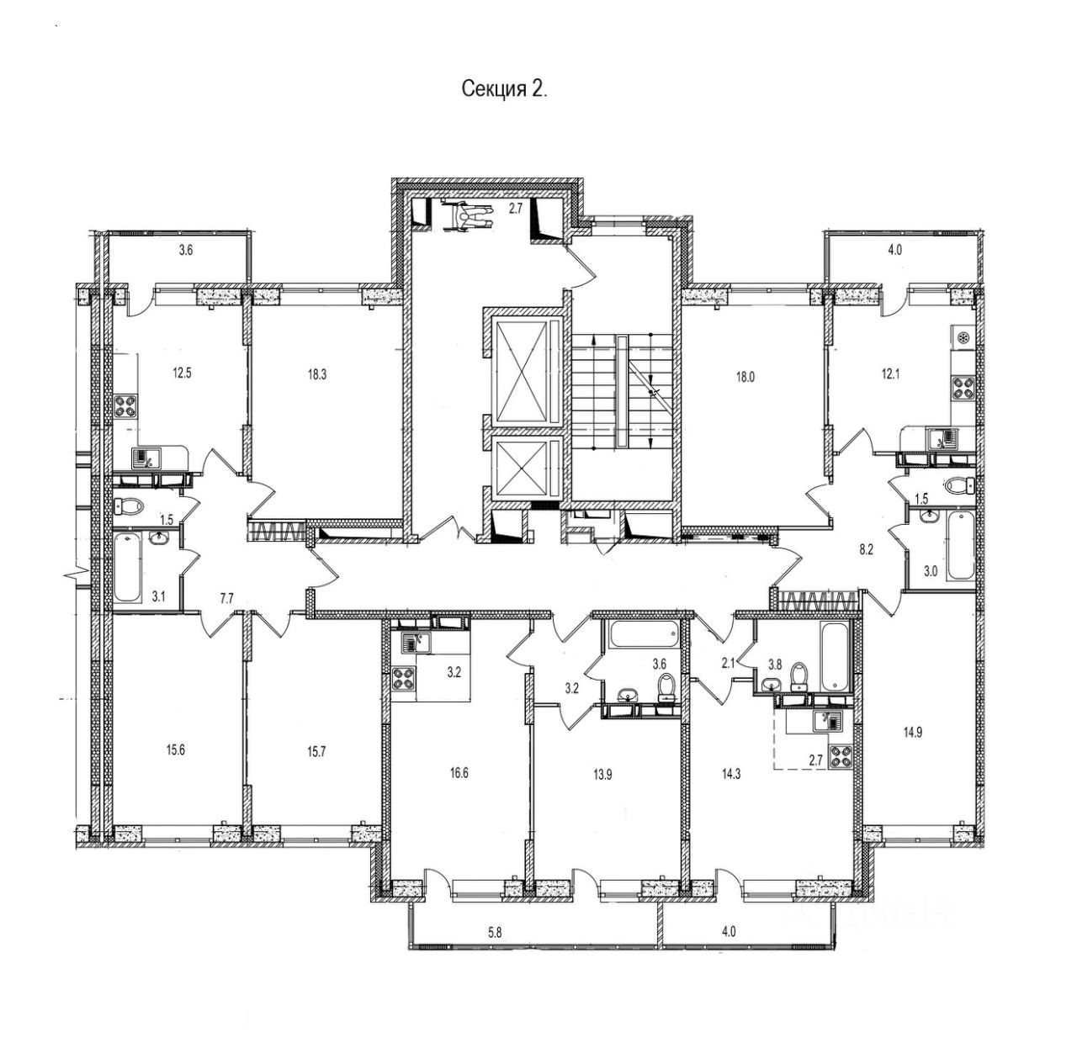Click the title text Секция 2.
click(504, 90)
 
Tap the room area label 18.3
click(316, 375)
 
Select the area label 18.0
click(745, 377)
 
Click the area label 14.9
click(915, 730)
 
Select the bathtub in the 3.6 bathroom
click(644, 635)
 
